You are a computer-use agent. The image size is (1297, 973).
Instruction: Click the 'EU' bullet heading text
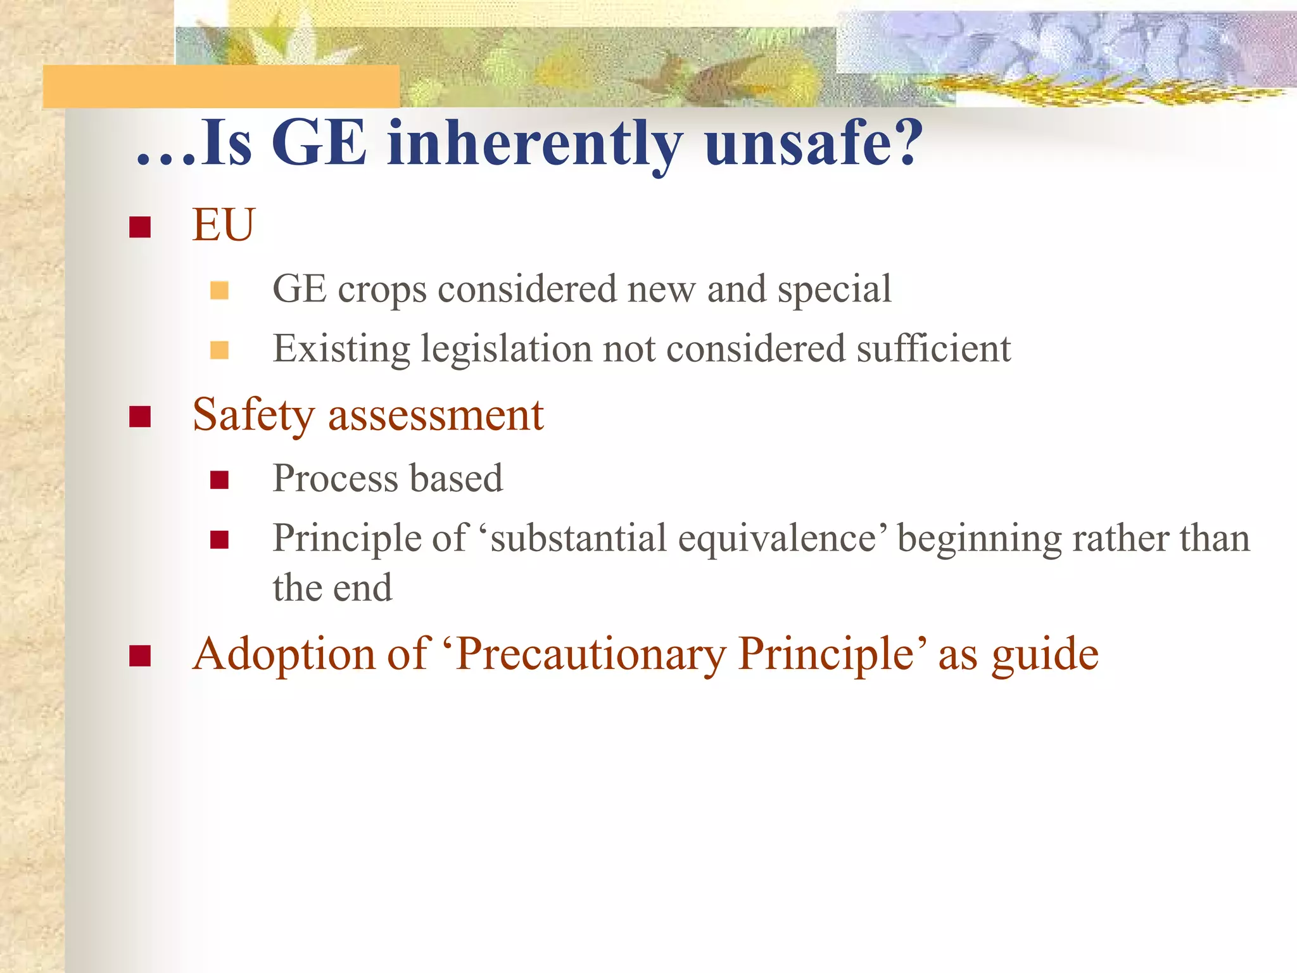tap(223, 225)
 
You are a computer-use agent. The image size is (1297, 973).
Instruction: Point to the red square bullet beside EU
tap(139, 226)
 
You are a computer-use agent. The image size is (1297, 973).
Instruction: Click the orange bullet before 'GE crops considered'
tap(219, 290)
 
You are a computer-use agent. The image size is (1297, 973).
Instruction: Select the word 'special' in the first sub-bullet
tap(834, 289)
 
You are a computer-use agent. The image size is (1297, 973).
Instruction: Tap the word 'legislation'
tap(505, 349)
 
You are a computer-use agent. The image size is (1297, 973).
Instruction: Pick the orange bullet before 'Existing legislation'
tap(219, 350)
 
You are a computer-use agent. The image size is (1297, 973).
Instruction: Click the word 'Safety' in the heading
tap(253, 416)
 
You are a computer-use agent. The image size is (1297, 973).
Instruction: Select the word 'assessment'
tap(436, 416)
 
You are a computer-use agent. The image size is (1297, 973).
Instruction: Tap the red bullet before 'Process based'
tap(219, 480)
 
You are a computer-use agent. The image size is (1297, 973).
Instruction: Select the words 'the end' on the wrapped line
tap(332, 588)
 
